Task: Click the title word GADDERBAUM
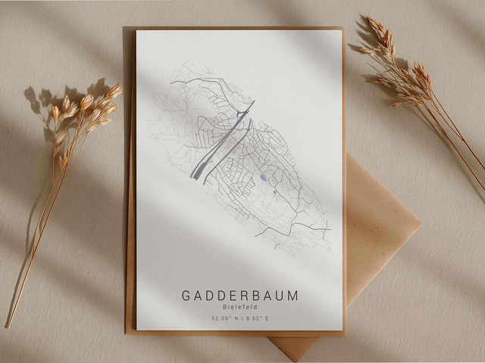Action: click(x=239, y=296)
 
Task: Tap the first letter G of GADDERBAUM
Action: click(x=186, y=296)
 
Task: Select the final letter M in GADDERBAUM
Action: click(x=293, y=296)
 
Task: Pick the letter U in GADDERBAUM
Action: click(x=280, y=296)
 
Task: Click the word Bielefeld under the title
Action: click(x=239, y=308)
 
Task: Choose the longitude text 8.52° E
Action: click(x=255, y=319)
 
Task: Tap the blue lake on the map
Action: click(x=263, y=178)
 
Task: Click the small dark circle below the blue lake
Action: click(x=274, y=192)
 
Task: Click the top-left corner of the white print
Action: click(x=137, y=31)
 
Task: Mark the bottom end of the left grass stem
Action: click(x=8, y=327)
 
